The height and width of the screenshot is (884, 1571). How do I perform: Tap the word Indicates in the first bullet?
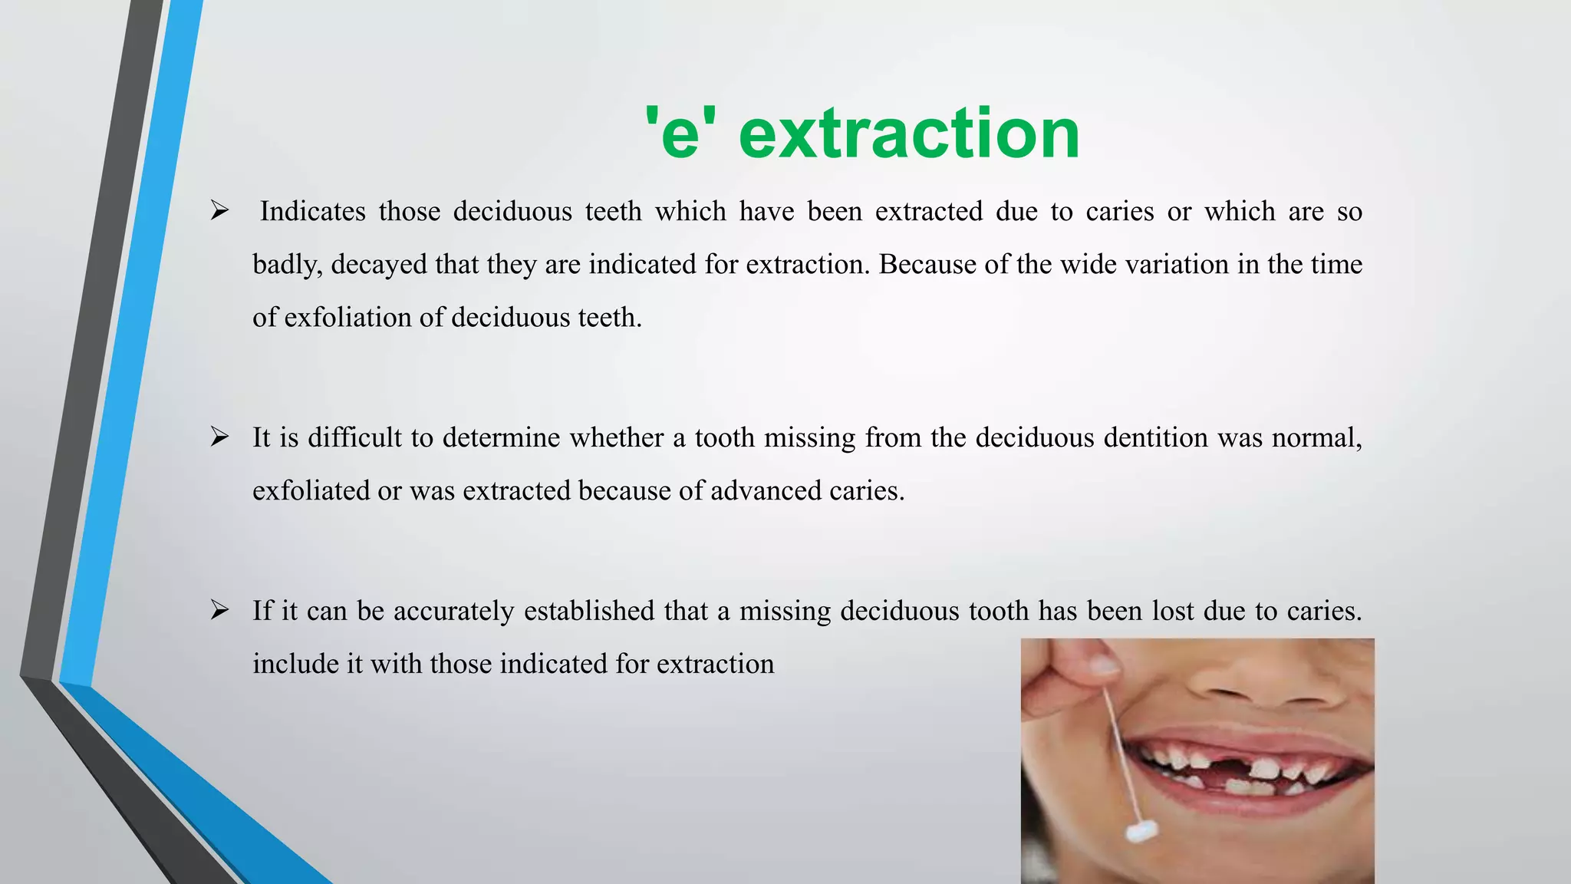pyautogui.click(x=312, y=211)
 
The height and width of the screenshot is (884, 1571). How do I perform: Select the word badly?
pyautogui.click(x=288, y=265)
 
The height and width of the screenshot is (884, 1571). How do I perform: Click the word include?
pyautogui.click(x=295, y=664)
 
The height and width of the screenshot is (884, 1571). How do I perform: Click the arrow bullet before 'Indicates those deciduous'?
pyautogui.click(x=220, y=211)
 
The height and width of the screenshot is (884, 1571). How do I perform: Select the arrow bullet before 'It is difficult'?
pyautogui.click(x=220, y=437)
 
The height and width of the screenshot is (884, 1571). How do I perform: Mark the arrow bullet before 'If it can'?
pyautogui.click(x=220, y=611)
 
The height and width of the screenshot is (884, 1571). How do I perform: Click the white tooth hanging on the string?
pyautogui.click(x=1142, y=830)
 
